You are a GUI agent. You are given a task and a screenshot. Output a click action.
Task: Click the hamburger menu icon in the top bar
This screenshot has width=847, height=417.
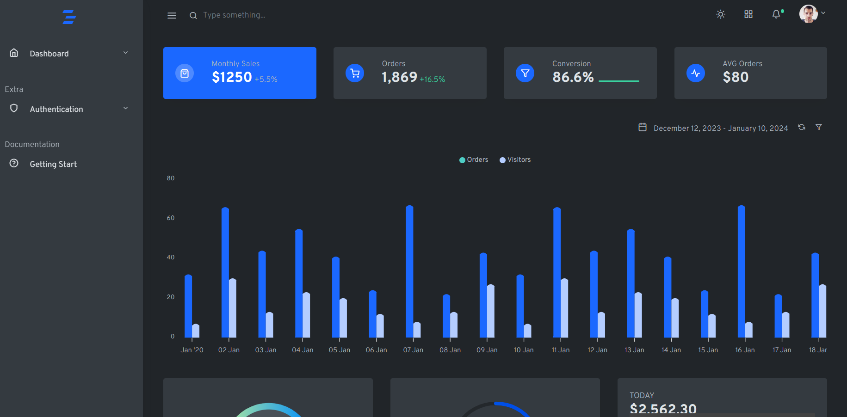coord(172,15)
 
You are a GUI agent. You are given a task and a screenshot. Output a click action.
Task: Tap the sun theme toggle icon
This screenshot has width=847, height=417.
coord(720,14)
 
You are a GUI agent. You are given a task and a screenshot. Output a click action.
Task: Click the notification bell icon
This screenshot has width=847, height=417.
coord(776,14)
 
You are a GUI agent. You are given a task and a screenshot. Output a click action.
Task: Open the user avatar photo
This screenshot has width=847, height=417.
coord(808,14)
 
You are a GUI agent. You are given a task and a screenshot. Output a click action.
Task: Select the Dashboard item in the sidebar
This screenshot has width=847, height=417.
coord(49,54)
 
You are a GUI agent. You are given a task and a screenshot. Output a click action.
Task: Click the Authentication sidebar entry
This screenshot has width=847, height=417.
coord(56,109)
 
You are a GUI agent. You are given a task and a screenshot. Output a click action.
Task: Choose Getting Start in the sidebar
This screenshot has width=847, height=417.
coord(53,164)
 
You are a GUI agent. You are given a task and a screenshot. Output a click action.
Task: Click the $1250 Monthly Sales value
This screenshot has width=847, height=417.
coord(232,77)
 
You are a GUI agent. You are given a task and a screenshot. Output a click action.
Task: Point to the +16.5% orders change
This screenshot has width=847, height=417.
coord(432,80)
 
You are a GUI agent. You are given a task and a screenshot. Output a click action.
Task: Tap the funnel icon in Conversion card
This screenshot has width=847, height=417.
coord(525,73)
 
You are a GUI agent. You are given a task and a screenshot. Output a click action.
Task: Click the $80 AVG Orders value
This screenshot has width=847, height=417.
coord(736,77)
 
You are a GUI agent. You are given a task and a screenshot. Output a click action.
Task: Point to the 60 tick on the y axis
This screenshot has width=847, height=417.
coord(171,218)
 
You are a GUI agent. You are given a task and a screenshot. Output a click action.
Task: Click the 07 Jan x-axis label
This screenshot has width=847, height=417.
coord(413,350)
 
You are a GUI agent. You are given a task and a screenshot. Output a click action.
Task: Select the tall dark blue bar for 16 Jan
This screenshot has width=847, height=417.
coord(741,273)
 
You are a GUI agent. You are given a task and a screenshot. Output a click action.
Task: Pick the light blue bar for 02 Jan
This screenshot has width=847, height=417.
coord(233,309)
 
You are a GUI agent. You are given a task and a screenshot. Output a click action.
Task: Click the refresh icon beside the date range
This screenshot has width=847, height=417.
coord(802,127)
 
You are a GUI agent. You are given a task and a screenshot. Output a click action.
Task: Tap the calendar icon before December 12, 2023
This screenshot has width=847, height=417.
coord(643,127)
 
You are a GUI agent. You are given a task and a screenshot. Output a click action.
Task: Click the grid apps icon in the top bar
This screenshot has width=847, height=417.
coord(748,14)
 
